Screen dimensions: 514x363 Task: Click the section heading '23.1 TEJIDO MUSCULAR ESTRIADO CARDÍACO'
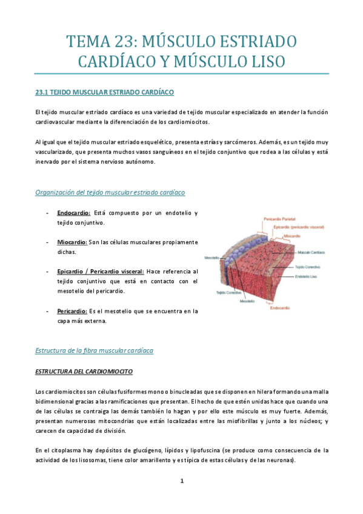coord(105,92)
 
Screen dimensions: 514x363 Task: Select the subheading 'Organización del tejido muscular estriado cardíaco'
coord(110,192)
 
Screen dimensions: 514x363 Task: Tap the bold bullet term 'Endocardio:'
coord(74,213)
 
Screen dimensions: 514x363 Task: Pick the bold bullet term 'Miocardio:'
coord(72,242)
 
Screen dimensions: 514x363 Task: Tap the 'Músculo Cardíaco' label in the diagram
coord(312,252)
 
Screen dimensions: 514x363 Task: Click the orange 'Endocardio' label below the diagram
coord(279,308)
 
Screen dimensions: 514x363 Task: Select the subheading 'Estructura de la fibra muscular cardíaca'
coord(95,350)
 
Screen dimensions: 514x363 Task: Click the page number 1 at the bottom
coord(181,481)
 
